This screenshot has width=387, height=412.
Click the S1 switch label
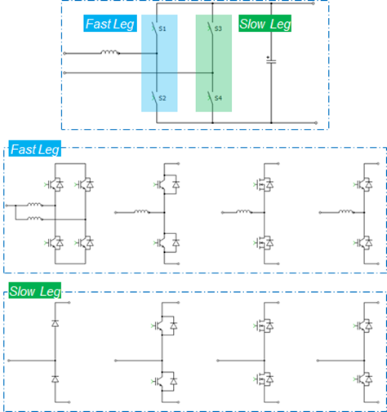(162, 29)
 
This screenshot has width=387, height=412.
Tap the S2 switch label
(162, 98)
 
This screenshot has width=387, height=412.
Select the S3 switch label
(219, 29)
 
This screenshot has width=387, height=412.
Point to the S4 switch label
(219, 98)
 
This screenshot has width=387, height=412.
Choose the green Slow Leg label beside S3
(265, 24)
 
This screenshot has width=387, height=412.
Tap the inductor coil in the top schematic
(109, 55)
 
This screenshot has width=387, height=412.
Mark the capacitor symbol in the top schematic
(269, 60)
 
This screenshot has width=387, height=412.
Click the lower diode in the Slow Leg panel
(56, 380)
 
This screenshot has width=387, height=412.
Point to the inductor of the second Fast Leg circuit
(140, 212)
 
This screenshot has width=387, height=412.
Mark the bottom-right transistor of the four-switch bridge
(84, 242)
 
